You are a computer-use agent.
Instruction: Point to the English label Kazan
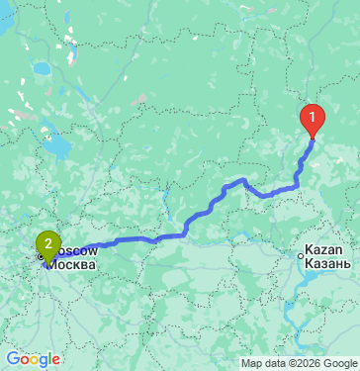tap(324, 250)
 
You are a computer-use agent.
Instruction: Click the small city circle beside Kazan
tap(301, 256)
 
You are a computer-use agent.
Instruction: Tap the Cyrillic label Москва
tap(73, 266)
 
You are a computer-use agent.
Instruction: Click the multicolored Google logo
tap(33, 359)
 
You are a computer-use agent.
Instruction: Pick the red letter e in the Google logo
tap(56, 360)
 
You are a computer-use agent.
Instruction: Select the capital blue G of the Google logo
tap(13, 359)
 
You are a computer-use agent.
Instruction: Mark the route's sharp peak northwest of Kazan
tap(243, 180)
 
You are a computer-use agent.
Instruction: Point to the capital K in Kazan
tap(310, 250)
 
